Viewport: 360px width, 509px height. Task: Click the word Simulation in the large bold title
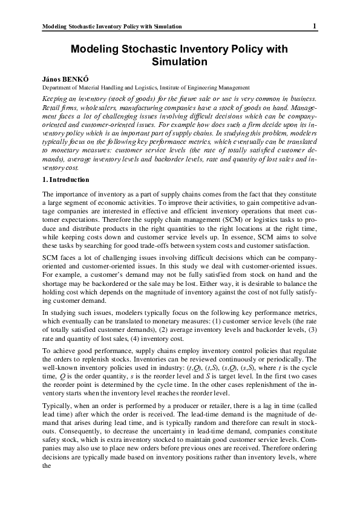pos(180,62)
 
